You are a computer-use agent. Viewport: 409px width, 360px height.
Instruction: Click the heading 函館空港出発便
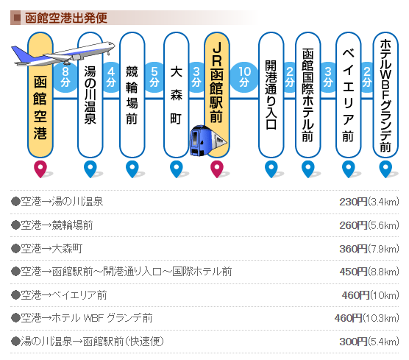[x=66, y=18]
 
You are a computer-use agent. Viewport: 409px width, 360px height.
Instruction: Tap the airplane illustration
[x=63, y=54]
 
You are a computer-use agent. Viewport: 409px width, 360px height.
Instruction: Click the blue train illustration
[x=208, y=141]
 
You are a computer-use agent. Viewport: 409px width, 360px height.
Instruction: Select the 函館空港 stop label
[x=40, y=107]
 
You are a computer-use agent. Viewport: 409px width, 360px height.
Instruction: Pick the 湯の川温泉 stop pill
[x=90, y=95]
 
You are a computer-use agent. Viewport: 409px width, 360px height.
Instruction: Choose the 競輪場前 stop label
[x=132, y=95]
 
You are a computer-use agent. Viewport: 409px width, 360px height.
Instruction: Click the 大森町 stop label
[x=176, y=95]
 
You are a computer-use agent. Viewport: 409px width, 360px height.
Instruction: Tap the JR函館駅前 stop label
[x=217, y=82]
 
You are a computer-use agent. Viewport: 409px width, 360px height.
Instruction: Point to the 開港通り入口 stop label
[x=271, y=95]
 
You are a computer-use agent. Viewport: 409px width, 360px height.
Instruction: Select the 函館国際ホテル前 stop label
[x=307, y=95]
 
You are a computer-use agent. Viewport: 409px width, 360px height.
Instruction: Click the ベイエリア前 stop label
[x=348, y=95]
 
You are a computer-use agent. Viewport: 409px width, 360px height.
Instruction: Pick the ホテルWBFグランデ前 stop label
[x=385, y=96]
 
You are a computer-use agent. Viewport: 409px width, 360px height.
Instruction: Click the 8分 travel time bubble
[x=65, y=77]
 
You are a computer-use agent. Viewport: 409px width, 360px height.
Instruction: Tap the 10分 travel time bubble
[x=244, y=77]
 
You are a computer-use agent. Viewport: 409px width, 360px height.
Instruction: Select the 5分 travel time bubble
[x=154, y=77]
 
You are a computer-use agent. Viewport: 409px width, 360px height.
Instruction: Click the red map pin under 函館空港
[x=40, y=169]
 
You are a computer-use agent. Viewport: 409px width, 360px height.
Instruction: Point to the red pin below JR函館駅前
[x=217, y=169]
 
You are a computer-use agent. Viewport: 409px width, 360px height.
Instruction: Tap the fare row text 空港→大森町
[x=51, y=249]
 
